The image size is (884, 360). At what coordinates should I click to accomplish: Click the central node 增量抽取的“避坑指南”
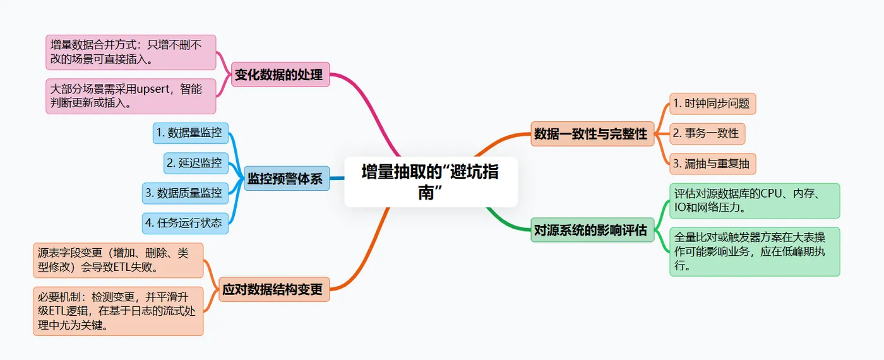[431, 182]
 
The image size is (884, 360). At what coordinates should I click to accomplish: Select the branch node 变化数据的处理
[279, 75]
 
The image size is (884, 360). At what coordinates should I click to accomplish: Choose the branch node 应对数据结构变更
[273, 290]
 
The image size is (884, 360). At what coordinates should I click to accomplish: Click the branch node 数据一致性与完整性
[592, 134]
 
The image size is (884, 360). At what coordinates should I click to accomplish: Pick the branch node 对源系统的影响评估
[592, 231]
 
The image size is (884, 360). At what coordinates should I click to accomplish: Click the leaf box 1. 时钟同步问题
[712, 104]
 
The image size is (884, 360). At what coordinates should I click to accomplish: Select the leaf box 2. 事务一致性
[707, 134]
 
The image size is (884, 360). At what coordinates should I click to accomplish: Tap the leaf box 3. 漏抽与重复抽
[712, 164]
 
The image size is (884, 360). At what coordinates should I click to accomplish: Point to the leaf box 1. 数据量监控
[190, 133]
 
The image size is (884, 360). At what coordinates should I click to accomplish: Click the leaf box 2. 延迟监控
[195, 163]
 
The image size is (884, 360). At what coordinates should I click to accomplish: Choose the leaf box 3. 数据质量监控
[185, 193]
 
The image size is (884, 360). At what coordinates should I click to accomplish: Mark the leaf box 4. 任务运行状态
[185, 223]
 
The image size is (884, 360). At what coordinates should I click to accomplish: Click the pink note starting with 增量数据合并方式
[131, 52]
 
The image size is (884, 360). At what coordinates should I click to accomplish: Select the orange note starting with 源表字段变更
[118, 260]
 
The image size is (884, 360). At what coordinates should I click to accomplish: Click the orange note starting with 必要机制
[118, 311]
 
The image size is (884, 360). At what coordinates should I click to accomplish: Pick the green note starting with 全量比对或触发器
[755, 251]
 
